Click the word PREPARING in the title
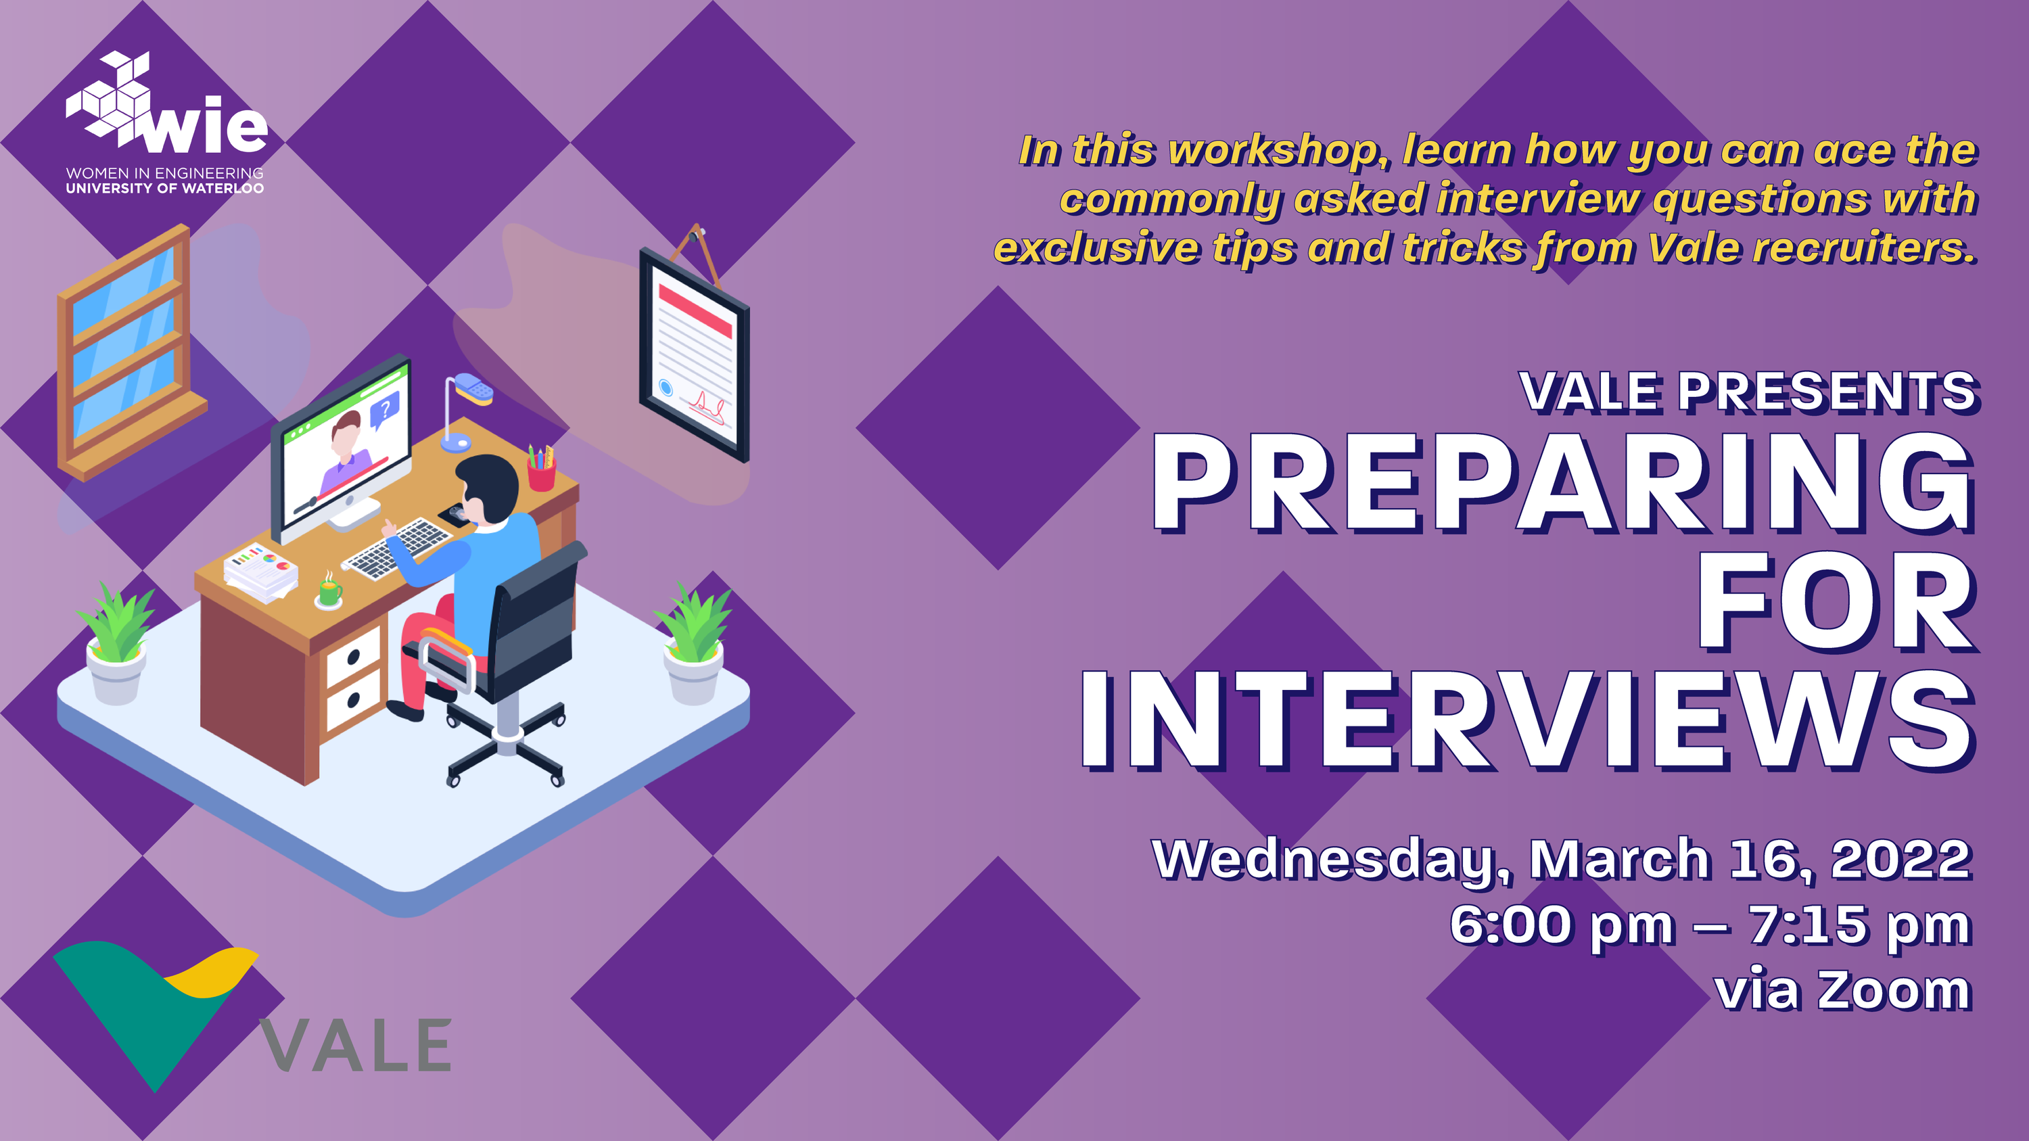tap(1564, 483)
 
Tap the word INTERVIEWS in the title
tap(1528, 720)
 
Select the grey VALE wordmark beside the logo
tap(356, 1045)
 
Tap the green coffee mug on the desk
tap(329, 591)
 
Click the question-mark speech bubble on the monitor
tap(385, 409)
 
